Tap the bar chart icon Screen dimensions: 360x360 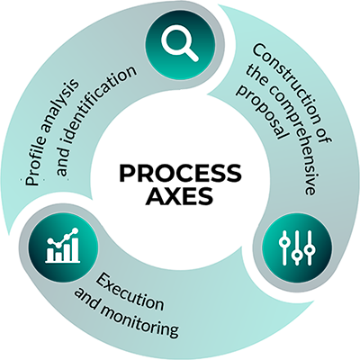tap(63, 246)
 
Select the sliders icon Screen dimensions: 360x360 tap(297, 248)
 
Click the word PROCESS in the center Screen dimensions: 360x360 tap(180, 173)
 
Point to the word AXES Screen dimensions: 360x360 tap(179, 196)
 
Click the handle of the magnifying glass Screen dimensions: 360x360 tap(192, 55)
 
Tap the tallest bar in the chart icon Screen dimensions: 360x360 tap(75, 248)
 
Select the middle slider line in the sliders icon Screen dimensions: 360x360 tap(297, 248)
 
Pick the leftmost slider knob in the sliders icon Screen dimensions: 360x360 tap(283, 242)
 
